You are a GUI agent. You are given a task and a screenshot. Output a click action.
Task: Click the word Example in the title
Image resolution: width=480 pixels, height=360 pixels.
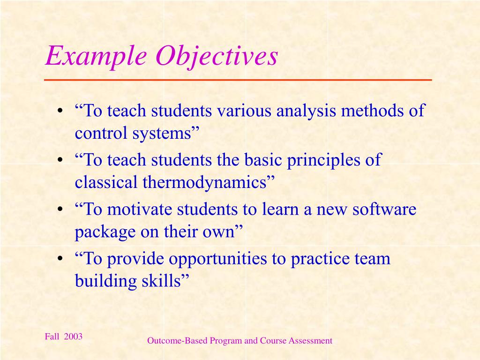[x=97, y=57]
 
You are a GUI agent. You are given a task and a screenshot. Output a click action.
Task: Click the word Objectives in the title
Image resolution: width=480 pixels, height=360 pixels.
[x=217, y=57]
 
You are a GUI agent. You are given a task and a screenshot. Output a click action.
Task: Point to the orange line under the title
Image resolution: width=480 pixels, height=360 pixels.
[x=238, y=81]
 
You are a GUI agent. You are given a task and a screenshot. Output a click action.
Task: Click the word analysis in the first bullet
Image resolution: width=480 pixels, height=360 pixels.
[x=306, y=111]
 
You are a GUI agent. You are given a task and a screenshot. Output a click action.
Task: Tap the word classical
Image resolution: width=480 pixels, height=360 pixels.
[x=106, y=183]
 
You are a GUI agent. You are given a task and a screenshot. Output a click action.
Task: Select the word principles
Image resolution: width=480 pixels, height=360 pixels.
[x=323, y=161]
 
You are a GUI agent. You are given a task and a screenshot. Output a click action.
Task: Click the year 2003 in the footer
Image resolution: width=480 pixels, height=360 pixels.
[x=73, y=337]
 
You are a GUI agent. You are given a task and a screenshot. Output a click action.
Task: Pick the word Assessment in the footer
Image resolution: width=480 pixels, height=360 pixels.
[x=310, y=341]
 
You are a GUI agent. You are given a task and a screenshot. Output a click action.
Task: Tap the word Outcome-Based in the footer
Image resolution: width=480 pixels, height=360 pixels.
[x=177, y=341]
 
